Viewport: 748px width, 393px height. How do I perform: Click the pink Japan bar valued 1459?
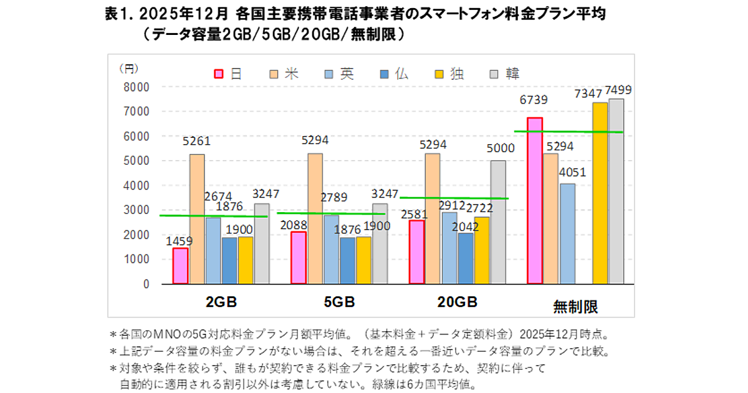[x=180, y=266]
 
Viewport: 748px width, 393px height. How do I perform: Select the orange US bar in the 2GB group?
[x=197, y=218]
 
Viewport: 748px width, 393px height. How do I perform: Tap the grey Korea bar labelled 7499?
[x=616, y=191]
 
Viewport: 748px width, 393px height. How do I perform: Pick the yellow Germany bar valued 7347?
[x=600, y=193]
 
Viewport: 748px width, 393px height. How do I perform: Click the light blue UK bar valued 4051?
[x=567, y=233]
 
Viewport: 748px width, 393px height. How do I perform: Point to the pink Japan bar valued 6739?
[x=535, y=200]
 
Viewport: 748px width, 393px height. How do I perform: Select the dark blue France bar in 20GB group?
[x=465, y=258]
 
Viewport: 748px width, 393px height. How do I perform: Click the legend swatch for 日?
[x=219, y=74]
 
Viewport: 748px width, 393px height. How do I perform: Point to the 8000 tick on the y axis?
[x=138, y=87]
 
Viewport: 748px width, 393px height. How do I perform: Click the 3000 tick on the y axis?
[x=138, y=210]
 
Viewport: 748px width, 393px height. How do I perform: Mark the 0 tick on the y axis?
[x=146, y=284]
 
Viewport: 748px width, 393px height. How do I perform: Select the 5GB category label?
[x=339, y=303]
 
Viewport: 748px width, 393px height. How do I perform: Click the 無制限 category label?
[x=575, y=306]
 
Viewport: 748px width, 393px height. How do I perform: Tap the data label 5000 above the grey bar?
[x=501, y=148]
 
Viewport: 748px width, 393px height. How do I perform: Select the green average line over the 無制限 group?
[x=568, y=132]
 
